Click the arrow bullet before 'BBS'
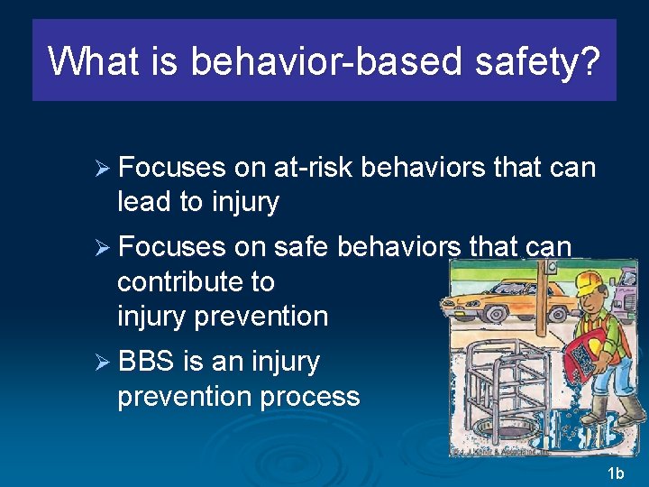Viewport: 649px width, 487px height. pos(104,363)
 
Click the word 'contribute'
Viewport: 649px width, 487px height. pos(196,281)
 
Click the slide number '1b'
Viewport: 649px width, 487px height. pos(616,473)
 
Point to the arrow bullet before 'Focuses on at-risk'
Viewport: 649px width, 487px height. pos(104,169)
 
